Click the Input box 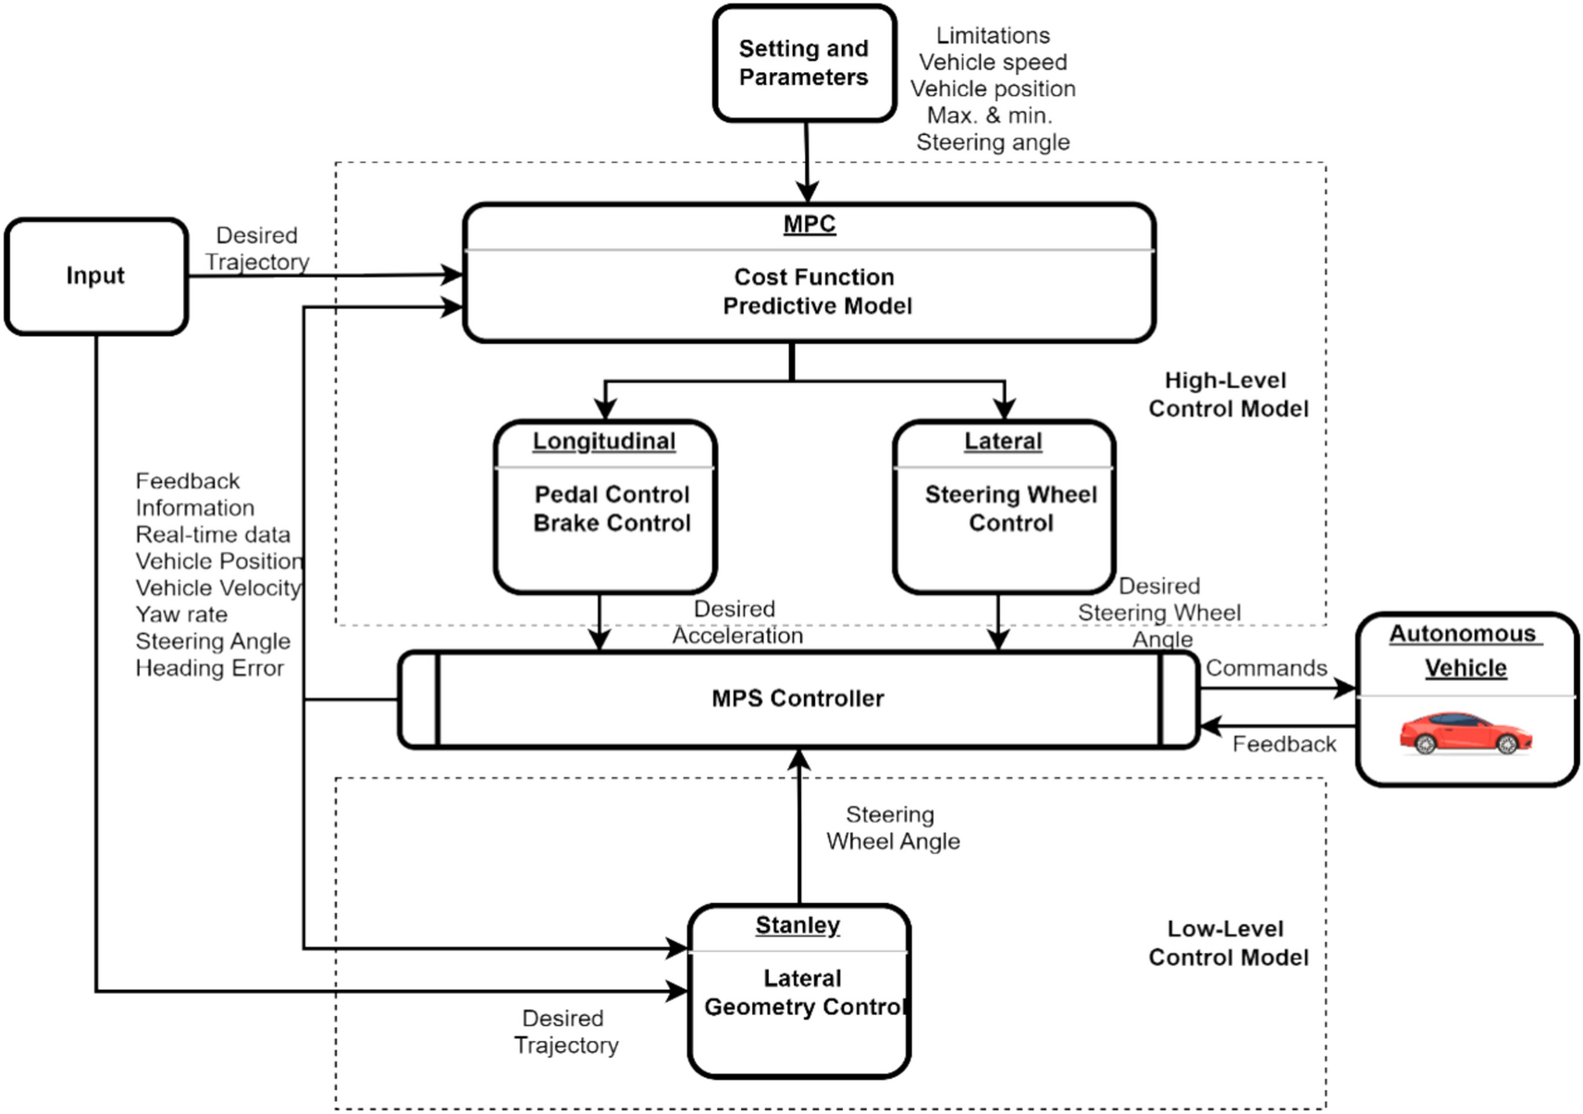coord(95,276)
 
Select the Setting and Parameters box coord(803,63)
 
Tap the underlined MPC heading coord(809,225)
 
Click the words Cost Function coord(813,277)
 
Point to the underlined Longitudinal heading coord(603,441)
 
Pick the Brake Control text coord(612,523)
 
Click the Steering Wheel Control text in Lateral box coord(1010,509)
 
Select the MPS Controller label coord(798,699)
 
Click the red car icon coord(1465,733)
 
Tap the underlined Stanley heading coord(798,925)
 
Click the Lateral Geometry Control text coord(802,993)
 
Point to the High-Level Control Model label coord(1228,394)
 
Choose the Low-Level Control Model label coord(1228,943)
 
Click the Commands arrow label coord(1265,668)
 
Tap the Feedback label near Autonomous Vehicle coord(1283,744)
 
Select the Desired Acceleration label coord(736,622)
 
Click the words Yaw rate coord(181,614)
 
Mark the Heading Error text coord(209,668)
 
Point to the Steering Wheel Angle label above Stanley coord(892,828)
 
